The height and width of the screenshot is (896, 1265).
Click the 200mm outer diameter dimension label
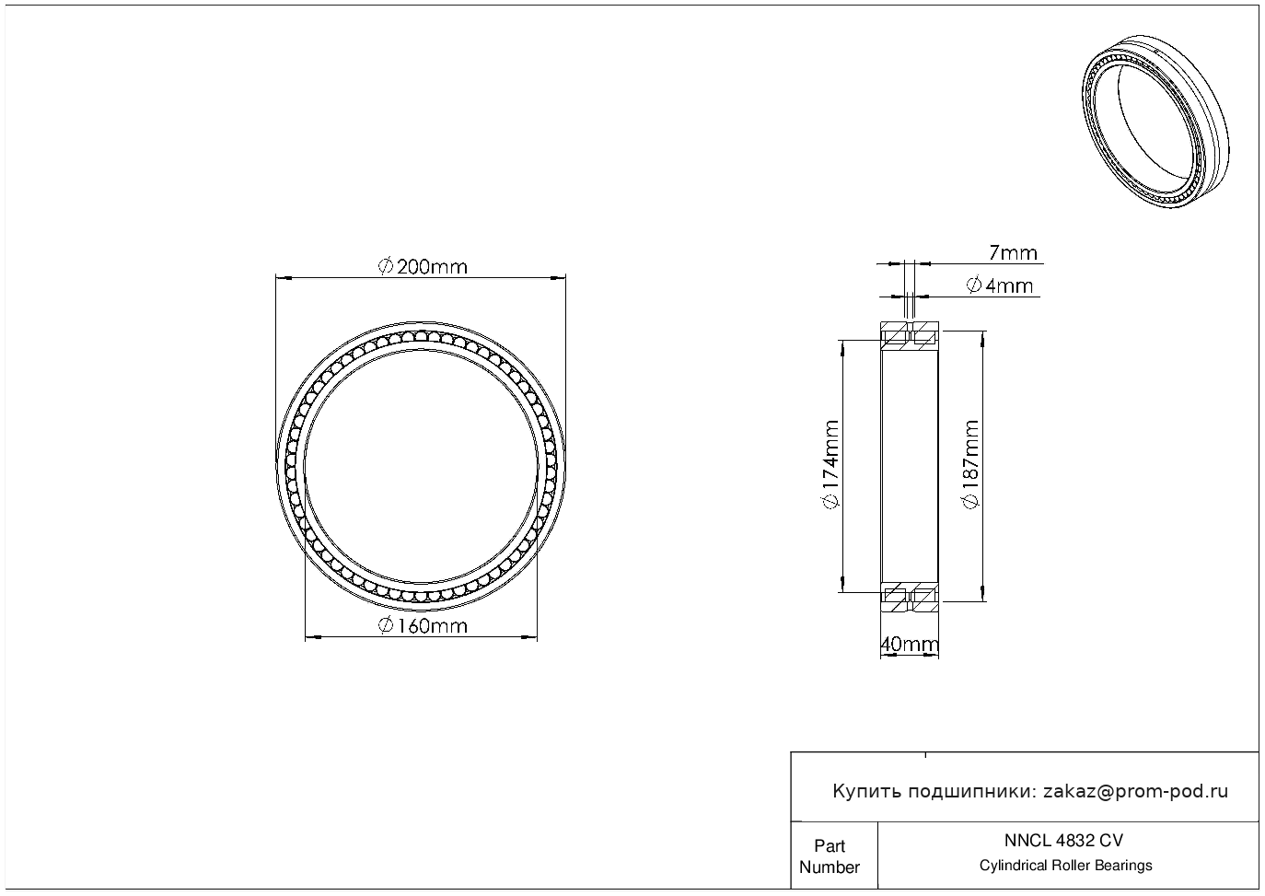point(423,267)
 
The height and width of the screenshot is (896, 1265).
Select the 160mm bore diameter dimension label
point(423,626)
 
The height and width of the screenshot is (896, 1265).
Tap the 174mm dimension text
point(831,464)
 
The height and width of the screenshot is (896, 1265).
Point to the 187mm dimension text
point(970,464)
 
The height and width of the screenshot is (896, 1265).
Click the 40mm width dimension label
point(910,644)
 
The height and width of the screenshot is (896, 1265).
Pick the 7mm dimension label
point(1013,253)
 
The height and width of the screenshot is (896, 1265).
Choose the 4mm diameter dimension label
point(1000,285)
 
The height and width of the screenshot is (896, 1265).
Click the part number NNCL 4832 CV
point(1063,841)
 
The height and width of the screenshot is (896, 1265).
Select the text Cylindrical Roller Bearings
point(1065,865)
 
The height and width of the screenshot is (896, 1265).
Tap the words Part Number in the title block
point(829,856)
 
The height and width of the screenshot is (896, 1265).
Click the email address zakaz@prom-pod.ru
point(1135,792)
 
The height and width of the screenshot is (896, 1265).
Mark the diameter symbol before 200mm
point(386,267)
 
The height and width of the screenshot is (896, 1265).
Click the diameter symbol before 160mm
point(386,626)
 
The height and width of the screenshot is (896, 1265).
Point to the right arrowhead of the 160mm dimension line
point(529,637)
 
